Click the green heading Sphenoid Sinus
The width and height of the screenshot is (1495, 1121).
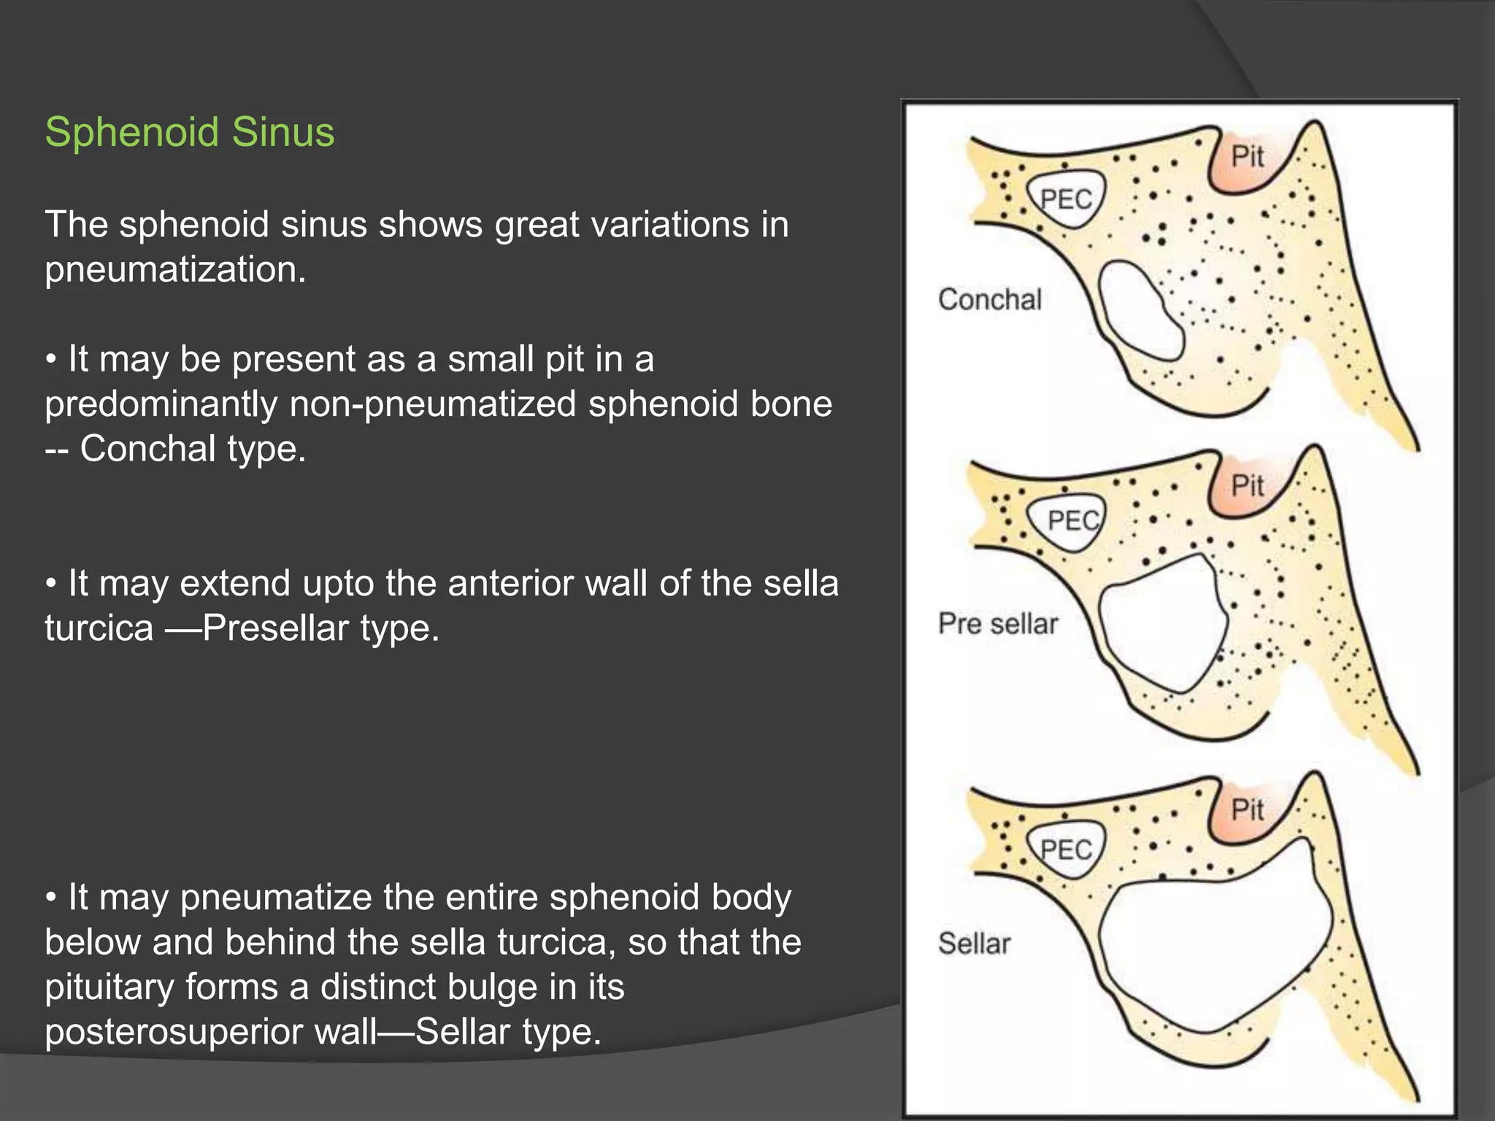pyautogui.click(x=190, y=132)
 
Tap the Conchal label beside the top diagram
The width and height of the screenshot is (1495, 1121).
pyautogui.click(x=989, y=300)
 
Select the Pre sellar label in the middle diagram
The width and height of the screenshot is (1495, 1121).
pyautogui.click(x=997, y=624)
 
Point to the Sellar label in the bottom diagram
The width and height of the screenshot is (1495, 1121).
pyautogui.click(x=974, y=944)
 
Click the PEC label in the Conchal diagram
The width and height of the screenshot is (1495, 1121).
pyautogui.click(x=1066, y=199)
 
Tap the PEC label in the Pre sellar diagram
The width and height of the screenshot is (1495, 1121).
pyautogui.click(x=1072, y=520)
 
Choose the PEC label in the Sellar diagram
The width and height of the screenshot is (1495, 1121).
pyautogui.click(x=1066, y=850)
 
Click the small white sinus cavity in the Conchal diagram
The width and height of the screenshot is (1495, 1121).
pyautogui.click(x=1139, y=310)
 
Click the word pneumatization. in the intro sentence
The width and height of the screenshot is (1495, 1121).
pyautogui.click(x=175, y=269)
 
